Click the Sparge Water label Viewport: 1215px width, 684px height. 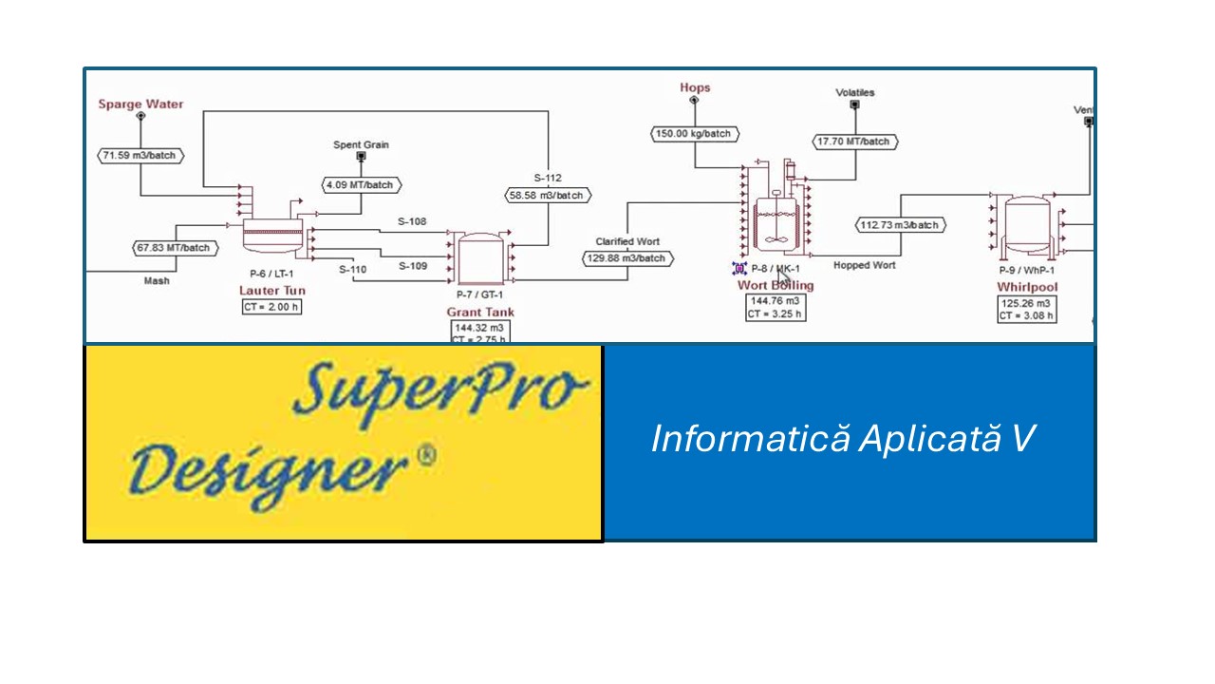pyautogui.click(x=140, y=104)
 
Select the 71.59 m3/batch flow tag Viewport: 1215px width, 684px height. pyautogui.click(x=141, y=155)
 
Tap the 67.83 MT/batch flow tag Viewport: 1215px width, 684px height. pyautogui.click(x=174, y=248)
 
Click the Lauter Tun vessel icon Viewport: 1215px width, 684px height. pyautogui.click(x=271, y=231)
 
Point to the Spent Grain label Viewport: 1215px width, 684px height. pyautogui.click(x=361, y=145)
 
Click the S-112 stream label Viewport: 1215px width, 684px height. pyautogui.click(x=547, y=178)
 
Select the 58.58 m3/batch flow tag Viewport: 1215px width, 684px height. pyautogui.click(x=547, y=195)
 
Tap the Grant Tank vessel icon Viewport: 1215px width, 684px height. pyautogui.click(x=479, y=258)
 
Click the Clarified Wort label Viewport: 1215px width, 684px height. pyautogui.click(x=627, y=241)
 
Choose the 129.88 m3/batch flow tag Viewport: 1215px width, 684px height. pyautogui.click(x=627, y=258)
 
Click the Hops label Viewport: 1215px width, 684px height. pyautogui.click(x=695, y=87)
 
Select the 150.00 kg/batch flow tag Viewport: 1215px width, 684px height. pyautogui.click(x=694, y=134)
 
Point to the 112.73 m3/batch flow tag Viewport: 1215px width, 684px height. pyautogui.click(x=899, y=225)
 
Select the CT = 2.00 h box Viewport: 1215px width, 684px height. pyautogui.click(x=271, y=307)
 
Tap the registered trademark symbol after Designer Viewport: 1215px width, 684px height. pyautogui.click(x=426, y=457)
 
